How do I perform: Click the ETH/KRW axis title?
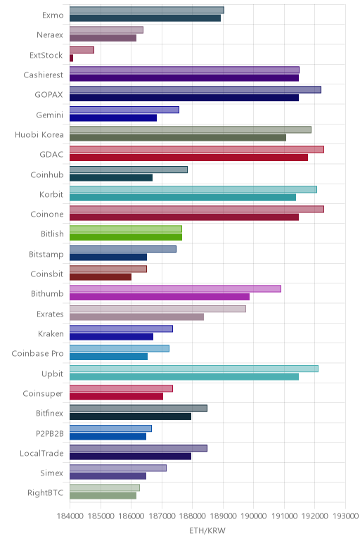coord(207,530)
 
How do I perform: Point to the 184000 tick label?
coord(70,516)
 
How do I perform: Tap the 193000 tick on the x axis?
coord(345,516)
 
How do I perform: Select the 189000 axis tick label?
coord(223,516)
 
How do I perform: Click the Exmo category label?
coord(53,15)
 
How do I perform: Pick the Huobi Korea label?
coord(39,135)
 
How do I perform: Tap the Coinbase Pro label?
coord(38,354)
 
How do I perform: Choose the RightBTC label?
coord(45,493)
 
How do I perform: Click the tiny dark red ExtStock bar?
coord(71,58)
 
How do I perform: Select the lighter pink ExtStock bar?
coord(82,50)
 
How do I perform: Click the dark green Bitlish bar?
coord(126,237)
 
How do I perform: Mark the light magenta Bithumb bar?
coord(175,288)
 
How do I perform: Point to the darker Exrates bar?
coord(136,317)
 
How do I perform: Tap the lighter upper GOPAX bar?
coord(195,90)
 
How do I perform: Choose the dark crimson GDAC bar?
coord(188,158)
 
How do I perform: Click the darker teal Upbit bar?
coord(184,377)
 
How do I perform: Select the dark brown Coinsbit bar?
coord(101,277)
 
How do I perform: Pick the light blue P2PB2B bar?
coord(110,428)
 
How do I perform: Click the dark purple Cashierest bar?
coord(184,78)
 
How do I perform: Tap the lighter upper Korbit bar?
coord(193,189)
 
